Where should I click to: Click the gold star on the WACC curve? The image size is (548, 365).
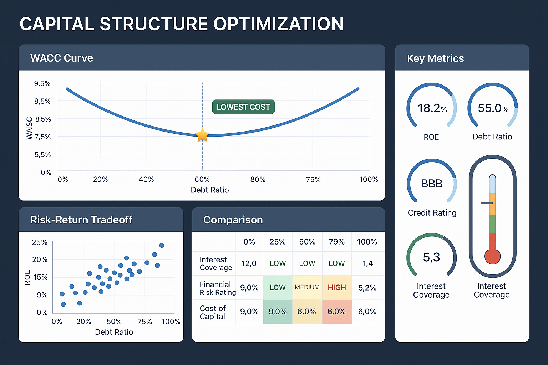point(202,135)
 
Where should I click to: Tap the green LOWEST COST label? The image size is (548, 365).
point(243,107)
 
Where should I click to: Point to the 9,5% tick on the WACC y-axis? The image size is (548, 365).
point(42,83)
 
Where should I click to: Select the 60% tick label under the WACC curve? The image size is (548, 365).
point(202,179)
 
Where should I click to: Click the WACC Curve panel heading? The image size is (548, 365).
point(62,58)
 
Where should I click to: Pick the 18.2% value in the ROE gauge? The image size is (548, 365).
point(432,108)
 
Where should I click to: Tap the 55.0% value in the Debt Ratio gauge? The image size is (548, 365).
point(493,108)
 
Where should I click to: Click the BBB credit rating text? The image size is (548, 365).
point(432,184)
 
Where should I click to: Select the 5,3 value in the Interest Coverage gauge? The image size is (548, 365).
point(431,257)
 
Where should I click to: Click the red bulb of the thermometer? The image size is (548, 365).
point(492,256)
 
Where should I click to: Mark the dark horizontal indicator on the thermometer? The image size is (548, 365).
point(487,203)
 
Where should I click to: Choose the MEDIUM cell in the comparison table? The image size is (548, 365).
point(307,287)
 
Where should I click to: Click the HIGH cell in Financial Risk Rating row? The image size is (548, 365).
point(337,287)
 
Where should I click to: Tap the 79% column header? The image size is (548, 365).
point(336,242)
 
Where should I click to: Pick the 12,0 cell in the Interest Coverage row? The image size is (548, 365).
point(249,263)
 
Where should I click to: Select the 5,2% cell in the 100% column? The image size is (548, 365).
point(367,287)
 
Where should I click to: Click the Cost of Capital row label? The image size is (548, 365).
point(213,312)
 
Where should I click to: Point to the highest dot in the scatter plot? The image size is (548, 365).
point(162,245)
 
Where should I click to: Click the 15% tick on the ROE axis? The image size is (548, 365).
point(40,277)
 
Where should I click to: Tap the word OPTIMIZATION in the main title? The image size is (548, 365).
point(278,24)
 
